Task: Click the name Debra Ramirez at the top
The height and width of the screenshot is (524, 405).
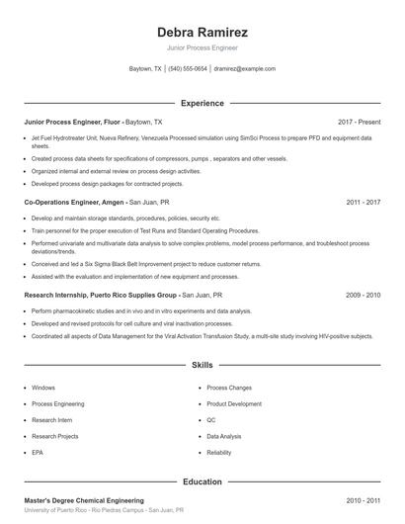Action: [202, 32]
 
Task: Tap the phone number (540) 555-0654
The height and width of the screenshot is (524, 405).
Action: [188, 69]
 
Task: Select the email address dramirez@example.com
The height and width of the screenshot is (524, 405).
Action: [245, 69]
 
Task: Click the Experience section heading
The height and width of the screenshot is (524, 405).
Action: [202, 103]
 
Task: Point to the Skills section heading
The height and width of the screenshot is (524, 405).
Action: [202, 365]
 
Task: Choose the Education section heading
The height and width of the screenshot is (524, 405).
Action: [202, 481]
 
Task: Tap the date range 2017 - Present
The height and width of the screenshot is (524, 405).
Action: [359, 122]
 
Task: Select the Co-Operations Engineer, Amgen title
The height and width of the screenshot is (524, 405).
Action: [73, 202]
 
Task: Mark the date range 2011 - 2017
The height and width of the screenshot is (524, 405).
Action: [364, 202]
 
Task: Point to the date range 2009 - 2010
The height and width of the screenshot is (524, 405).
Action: [364, 295]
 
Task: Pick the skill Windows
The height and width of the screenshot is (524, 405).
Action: [43, 388]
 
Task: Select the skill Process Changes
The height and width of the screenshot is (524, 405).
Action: [229, 388]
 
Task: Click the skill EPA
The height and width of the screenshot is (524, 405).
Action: [39, 452]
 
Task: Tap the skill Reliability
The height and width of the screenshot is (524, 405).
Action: [219, 452]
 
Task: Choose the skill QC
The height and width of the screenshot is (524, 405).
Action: [211, 419]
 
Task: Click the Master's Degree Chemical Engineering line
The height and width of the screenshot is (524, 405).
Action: [84, 500]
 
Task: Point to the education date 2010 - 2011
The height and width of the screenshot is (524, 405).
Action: [364, 500]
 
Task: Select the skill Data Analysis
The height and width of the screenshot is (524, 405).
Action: [224, 435]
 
